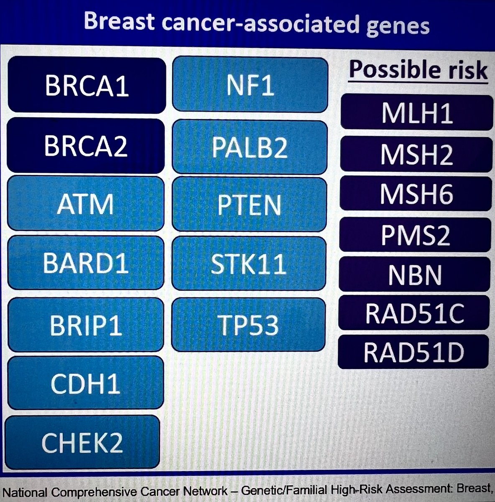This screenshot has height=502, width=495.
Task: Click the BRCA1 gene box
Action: tap(87, 85)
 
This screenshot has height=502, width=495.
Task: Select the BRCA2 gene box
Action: tap(86, 146)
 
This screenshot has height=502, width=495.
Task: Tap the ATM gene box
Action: tap(85, 204)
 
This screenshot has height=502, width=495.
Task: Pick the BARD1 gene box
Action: tap(85, 263)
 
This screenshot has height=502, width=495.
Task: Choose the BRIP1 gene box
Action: tap(85, 325)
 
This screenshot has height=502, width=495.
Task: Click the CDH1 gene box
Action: tap(85, 383)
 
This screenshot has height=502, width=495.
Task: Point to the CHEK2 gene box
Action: tap(82, 442)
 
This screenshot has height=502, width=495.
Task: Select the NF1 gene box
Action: tap(250, 85)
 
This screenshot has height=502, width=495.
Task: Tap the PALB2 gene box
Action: tap(250, 147)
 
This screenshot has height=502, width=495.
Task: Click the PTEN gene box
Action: tap(249, 204)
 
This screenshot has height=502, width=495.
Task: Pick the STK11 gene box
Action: tap(249, 263)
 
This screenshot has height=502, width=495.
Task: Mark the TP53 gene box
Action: tap(248, 325)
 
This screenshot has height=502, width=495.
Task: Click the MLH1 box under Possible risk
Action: tap(416, 112)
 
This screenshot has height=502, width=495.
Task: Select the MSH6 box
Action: tap(416, 194)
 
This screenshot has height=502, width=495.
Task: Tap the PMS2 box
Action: tap(415, 235)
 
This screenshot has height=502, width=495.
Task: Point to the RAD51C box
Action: tap(414, 313)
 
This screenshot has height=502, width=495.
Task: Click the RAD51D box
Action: tap(413, 352)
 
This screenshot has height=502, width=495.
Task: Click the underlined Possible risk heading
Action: tap(418, 69)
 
